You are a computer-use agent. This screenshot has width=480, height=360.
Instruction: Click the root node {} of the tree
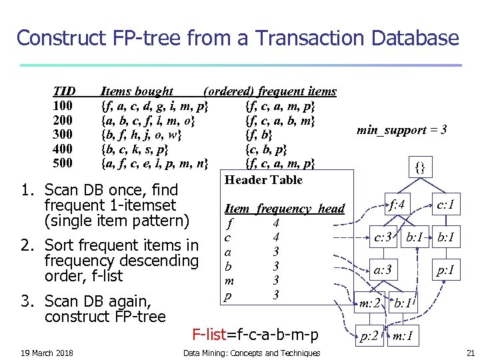[420, 167]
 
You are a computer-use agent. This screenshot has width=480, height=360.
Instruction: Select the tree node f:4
[397, 203]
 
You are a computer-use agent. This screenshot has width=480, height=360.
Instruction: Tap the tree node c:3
[382, 237]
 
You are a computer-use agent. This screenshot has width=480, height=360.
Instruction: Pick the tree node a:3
[383, 270]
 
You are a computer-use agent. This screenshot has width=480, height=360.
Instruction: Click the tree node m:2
[369, 303]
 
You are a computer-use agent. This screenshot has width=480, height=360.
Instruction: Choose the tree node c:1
[444, 203]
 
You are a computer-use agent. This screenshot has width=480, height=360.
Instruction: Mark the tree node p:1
[446, 270]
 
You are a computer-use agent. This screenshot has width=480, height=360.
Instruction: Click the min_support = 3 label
[401, 130]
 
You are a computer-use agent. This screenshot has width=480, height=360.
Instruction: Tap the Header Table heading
[263, 179]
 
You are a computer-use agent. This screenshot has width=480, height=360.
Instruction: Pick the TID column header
[64, 91]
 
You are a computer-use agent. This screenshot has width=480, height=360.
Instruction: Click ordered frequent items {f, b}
[259, 134]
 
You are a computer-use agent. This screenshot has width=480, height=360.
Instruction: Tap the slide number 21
[470, 353]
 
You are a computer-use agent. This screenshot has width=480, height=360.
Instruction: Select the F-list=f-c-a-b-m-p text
[255, 333]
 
